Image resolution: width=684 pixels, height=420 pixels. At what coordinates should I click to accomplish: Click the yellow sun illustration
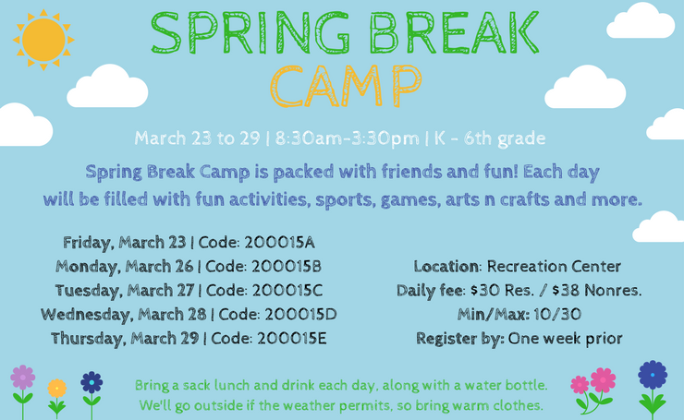coord(43,40)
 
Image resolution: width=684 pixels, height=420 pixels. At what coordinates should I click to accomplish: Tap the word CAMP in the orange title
coord(346,86)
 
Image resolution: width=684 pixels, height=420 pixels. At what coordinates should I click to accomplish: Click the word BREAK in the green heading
coord(455,32)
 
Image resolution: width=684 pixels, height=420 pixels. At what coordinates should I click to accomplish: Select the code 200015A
coord(279,243)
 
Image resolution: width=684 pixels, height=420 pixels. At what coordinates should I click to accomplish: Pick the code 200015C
coord(287,291)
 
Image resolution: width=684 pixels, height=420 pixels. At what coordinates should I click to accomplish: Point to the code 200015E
coord(291,339)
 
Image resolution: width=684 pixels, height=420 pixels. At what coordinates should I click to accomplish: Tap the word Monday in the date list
coord(88,267)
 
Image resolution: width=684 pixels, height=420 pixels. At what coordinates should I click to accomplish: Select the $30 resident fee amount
coord(485,290)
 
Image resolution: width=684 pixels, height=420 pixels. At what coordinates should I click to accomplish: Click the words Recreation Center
coord(554,266)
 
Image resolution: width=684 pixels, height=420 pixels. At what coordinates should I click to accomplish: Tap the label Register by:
coord(460,339)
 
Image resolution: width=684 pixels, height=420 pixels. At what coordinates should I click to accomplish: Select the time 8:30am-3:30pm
coord(347,138)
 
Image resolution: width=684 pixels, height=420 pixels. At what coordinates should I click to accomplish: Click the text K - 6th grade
coord(490,138)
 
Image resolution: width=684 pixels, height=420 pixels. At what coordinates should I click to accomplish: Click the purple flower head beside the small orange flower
coord(23,378)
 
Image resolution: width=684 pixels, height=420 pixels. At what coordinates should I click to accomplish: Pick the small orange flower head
coord(57,389)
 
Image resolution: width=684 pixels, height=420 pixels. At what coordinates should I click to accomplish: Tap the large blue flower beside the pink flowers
coord(653,375)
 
